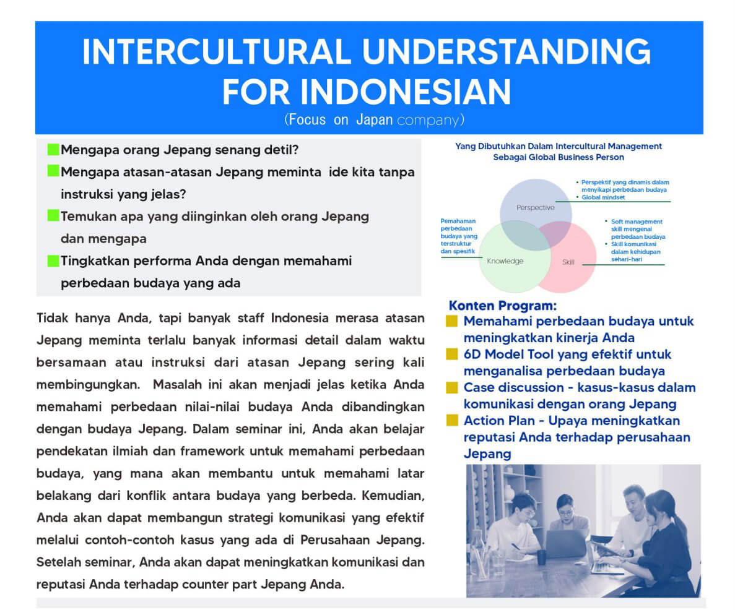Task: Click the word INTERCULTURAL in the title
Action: tap(217, 51)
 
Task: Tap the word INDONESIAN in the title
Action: tap(406, 92)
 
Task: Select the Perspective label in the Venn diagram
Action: tap(536, 207)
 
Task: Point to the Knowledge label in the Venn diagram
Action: tap(505, 261)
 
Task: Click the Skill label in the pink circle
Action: tap(568, 262)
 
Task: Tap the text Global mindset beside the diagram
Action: tap(603, 197)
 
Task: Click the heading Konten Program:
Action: tap(503, 306)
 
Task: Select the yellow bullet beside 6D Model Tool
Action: tap(451, 354)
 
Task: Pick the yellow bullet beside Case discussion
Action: tap(451, 387)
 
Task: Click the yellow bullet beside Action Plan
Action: tap(451, 420)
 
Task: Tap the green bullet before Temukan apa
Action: tap(53, 216)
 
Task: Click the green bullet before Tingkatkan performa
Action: tap(53, 260)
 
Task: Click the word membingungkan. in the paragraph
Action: tap(88, 385)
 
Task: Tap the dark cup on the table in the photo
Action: tap(541, 557)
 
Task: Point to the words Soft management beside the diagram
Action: tap(637, 221)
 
